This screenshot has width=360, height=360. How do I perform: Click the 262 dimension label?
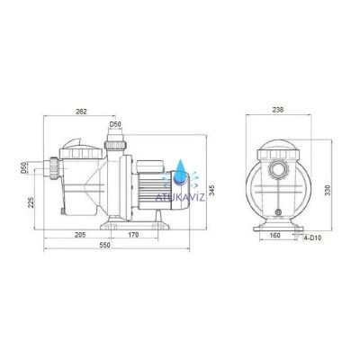(x=81, y=112)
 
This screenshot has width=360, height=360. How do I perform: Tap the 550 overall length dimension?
(x=105, y=245)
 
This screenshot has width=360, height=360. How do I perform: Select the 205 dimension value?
(x=80, y=235)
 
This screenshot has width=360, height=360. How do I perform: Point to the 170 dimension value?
(x=133, y=235)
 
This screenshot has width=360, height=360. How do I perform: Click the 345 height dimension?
(x=211, y=190)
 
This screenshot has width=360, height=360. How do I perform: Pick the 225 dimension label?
(x=31, y=202)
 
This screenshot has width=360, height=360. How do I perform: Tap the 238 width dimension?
(x=278, y=110)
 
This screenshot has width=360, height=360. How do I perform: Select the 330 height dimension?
(x=328, y=190)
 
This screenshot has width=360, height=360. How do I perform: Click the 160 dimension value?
(x=274, y=235)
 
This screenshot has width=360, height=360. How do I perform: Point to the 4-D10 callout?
(x=312, y=238)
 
